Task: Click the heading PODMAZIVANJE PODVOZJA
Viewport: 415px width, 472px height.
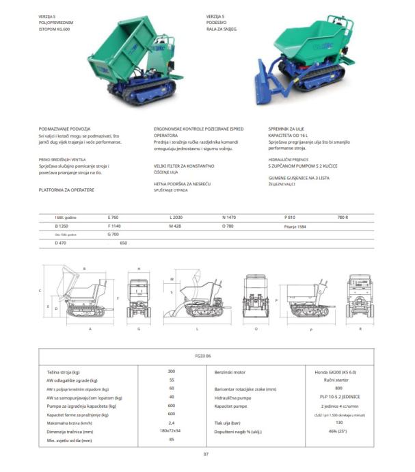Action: (x=68, y=128)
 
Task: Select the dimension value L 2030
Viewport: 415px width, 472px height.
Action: (x=177, y=217)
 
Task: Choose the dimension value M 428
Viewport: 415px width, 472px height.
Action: (x=176, y=225)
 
